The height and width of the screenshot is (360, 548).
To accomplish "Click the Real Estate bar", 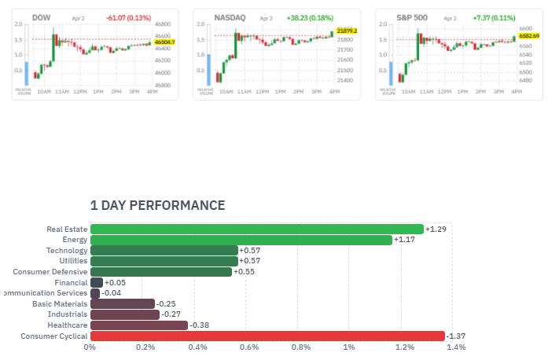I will [256, 229].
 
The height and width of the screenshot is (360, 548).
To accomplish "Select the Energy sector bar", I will [241, 240].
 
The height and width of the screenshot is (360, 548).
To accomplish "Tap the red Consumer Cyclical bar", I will [267, 336].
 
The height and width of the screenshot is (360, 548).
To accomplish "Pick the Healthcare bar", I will [139, 325].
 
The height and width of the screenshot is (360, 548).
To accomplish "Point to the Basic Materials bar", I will [123, 303].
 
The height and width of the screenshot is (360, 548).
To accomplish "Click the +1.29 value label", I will [436, 229].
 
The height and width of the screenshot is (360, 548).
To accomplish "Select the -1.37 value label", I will [457, 336].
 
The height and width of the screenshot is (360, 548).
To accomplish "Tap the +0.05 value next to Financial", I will [115, 282].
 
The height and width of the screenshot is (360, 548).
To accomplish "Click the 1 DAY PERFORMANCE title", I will [157, 205].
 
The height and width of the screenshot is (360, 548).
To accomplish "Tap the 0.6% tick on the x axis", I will [248, 347].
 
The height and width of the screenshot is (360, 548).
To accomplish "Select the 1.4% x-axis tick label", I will [457, 347].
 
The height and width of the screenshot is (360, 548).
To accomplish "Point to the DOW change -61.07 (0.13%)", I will [131, 17].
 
